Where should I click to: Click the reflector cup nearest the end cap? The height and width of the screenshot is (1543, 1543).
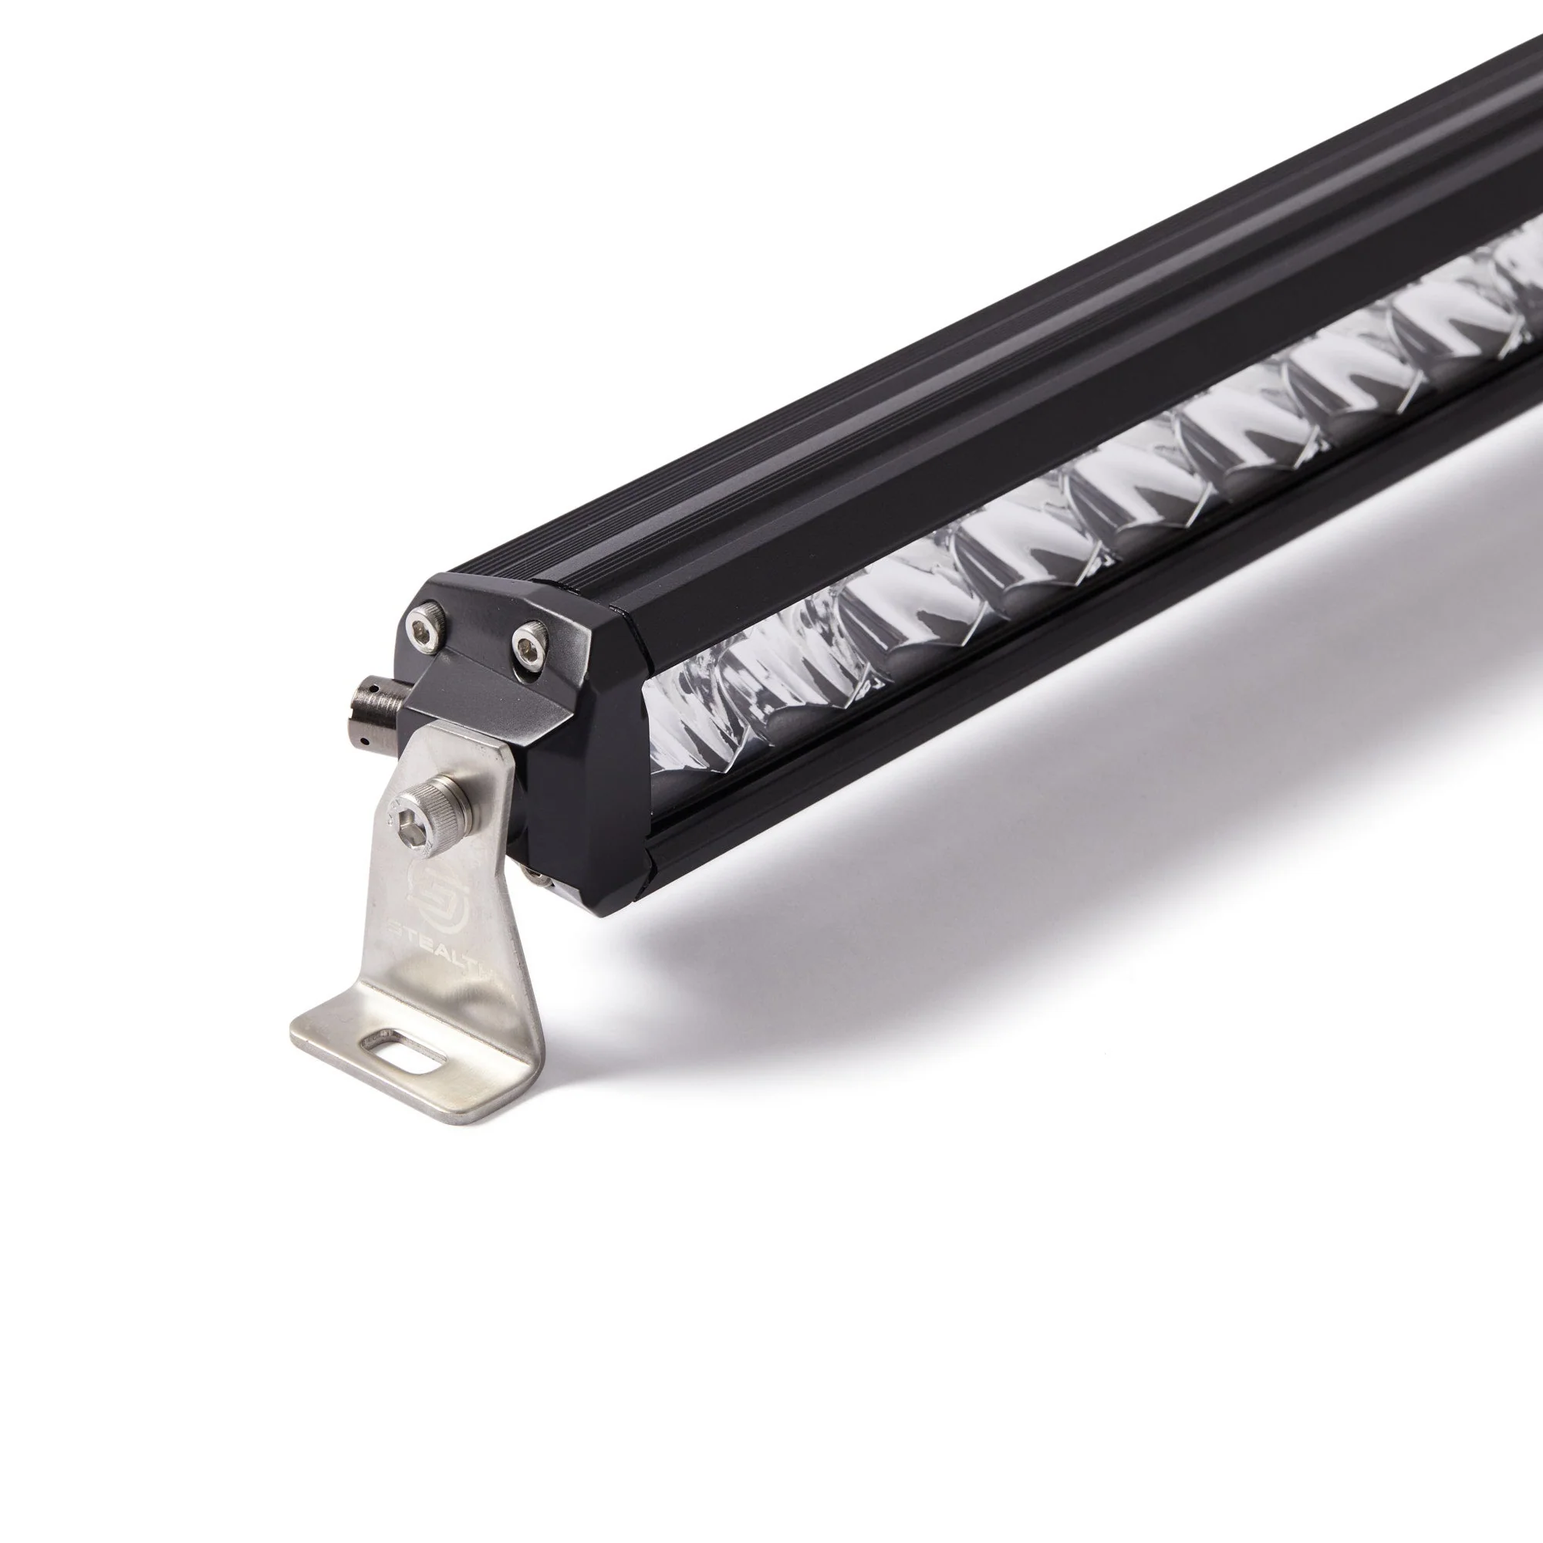tap(703, 715)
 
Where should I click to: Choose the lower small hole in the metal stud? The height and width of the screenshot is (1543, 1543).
tap(363, 741)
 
